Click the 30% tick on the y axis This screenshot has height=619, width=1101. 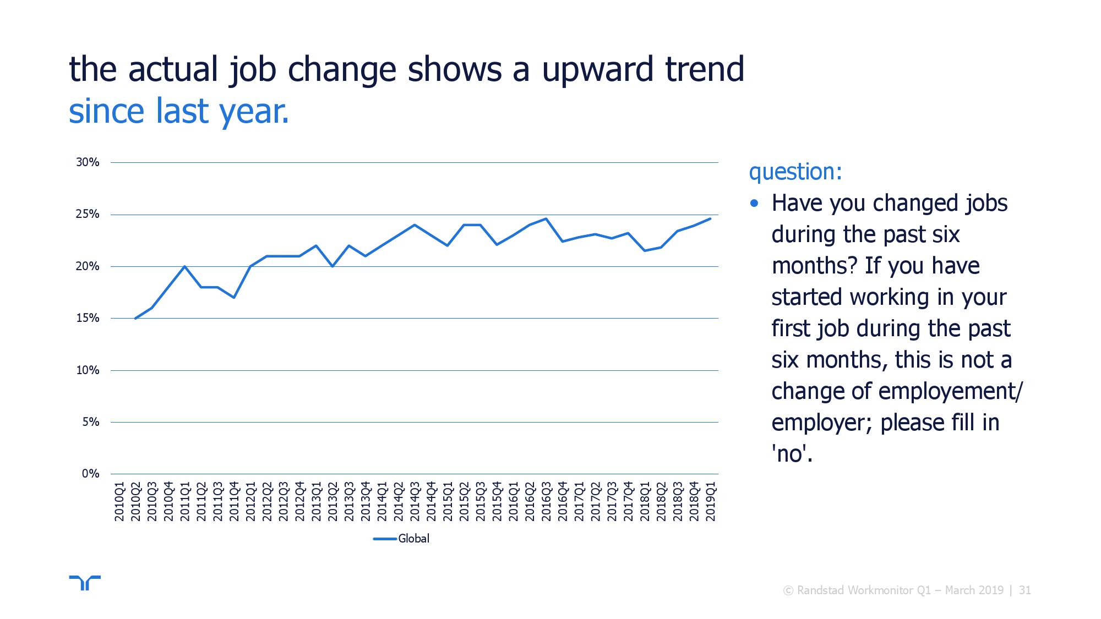point(88,162)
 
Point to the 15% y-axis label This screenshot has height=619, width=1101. point(88,318)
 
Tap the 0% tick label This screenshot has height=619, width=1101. point(91,474)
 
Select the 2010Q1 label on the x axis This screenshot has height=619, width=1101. point(119,502)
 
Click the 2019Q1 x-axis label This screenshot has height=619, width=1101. point(711,502)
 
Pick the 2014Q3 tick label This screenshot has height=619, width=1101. point(415,502)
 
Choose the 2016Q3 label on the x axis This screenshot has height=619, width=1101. point(547,502)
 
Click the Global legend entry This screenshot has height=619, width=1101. point(401,539)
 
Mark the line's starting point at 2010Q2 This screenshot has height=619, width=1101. point(135,318)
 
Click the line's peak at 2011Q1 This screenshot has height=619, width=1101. point(185,266)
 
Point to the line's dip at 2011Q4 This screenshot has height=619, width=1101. point(234,298)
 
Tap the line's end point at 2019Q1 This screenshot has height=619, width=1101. point(711,218)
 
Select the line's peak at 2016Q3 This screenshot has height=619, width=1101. point(546,218)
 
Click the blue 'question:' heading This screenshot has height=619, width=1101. point(795,172)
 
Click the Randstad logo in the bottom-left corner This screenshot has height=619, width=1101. point(85,583)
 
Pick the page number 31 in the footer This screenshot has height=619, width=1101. point(1024,590)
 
